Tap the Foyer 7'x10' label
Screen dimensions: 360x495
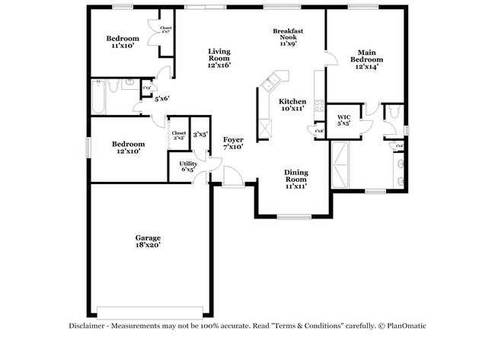233,144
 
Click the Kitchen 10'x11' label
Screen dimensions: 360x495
292,105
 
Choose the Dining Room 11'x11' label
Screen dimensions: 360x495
296,178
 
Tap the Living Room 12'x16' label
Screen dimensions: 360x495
219,59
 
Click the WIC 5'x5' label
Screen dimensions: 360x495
343,120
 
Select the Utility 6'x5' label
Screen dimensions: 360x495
187,167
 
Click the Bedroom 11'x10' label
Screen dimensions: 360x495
122,42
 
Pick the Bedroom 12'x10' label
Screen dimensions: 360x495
129,147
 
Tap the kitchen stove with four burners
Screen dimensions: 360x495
266,129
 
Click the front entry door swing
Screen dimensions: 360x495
235,177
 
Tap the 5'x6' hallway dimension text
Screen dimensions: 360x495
161,99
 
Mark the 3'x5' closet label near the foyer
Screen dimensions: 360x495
200,135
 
